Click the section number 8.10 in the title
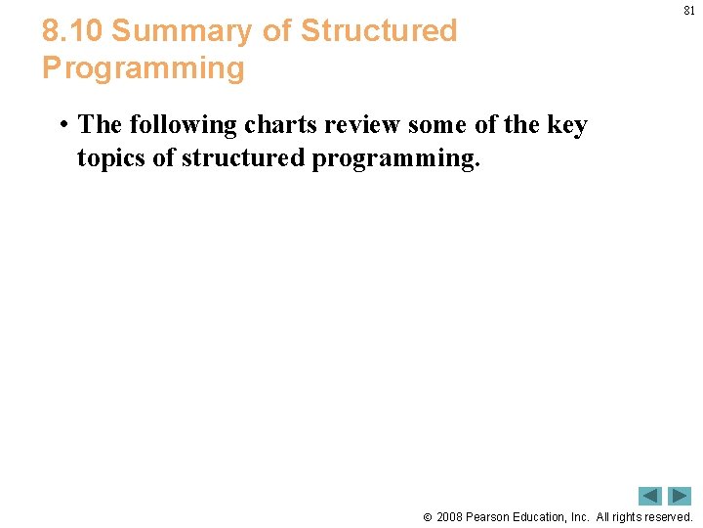(72, 31)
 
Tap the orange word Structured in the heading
(378, 31)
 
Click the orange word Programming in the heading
(143, 68)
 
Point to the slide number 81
(688, 11)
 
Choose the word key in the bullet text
(566, 125)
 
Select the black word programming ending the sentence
(395, 159)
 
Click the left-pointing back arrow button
(650, 496)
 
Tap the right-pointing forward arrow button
(680, 496)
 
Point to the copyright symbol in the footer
(427, 517)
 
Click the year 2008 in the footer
(450, 517)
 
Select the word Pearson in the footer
(491, 517)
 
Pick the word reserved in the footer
(666, 517)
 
